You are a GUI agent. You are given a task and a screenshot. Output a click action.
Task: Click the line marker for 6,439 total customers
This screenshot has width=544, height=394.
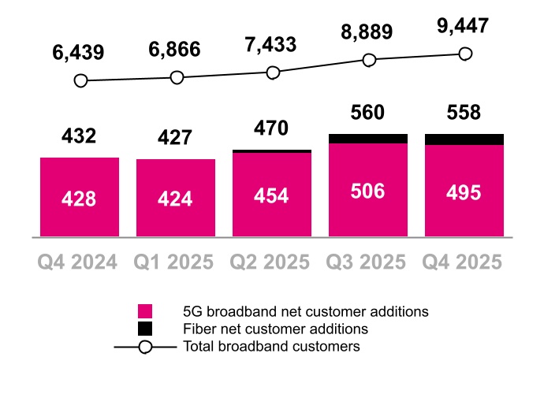pyautogui.click(x=80, y=81)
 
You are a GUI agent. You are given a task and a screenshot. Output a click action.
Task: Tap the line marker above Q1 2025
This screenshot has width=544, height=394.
pyautogui.click(x=177, y=77)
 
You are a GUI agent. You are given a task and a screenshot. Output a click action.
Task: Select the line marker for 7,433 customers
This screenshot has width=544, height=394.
pyautogui.click(x=273, y=72)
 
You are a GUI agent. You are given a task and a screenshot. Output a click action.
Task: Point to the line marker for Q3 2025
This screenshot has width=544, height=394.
pyautogui.click(x=368, y=60)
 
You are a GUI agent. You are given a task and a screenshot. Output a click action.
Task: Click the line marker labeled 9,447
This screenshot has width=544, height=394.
pyautogui.click(x=464, y=54)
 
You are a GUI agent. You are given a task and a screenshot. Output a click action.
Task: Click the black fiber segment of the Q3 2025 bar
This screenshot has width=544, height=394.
pyautogui.click(x=368, y=139)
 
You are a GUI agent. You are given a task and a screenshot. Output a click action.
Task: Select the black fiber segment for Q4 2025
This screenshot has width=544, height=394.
pyautogui.click(x=464, y=139)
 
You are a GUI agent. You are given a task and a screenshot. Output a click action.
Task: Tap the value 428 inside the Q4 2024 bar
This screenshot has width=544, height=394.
pyautogui.click(x=80, y=199)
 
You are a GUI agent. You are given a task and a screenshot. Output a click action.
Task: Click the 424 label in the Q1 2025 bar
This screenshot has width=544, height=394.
pyautogui.click(x=175, y=199)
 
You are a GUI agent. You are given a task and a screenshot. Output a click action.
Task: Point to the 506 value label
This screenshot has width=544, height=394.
pyautogui.click(x=368, y=191)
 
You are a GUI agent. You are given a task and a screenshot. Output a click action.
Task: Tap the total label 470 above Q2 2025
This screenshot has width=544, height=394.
pyautogui.click(x=272, y=128)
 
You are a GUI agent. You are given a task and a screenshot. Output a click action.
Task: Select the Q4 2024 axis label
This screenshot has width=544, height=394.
pyautogui.click(x=79, y=262)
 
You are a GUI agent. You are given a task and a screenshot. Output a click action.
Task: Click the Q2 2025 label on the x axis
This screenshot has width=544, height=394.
pyautogui.click(x=272, y=262)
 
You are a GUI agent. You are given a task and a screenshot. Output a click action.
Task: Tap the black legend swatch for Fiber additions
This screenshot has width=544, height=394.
pyautogui.click(x=145, y=329)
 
